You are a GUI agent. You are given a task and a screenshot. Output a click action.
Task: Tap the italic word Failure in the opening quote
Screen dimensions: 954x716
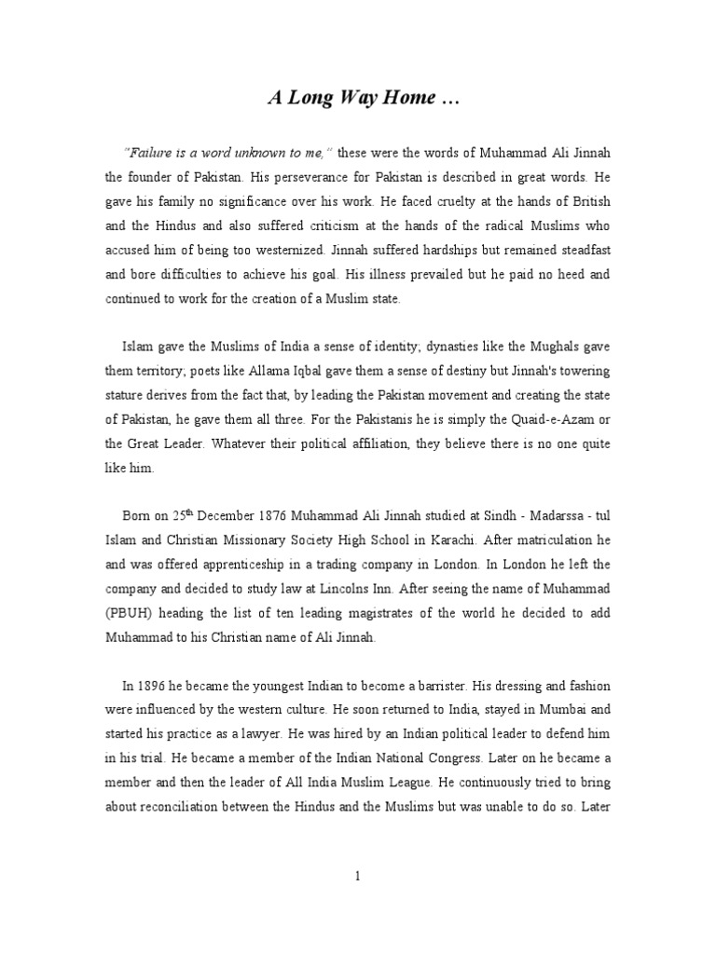click(x=147, y=152)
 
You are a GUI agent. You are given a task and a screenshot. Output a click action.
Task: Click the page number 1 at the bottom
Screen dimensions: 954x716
click(x=357, y=877)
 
